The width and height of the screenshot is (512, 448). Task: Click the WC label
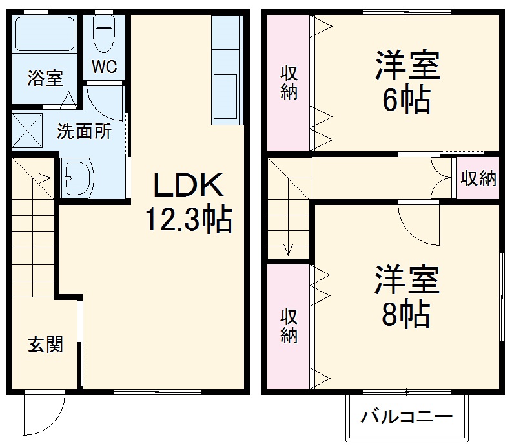(103, 67)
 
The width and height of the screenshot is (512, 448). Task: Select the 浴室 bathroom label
(45, 78)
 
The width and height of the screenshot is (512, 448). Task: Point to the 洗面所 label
(84, 131)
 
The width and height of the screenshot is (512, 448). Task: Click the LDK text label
(188, 187)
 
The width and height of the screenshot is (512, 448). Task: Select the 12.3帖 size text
(187, 220)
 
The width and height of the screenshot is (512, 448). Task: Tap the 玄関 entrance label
(45, 345)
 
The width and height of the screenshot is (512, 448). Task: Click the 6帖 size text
(406, 100)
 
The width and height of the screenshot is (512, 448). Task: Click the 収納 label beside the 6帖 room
(289, 83)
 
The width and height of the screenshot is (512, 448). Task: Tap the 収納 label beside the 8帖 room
(289, 326)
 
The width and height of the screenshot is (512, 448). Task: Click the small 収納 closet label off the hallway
(478, 179)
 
